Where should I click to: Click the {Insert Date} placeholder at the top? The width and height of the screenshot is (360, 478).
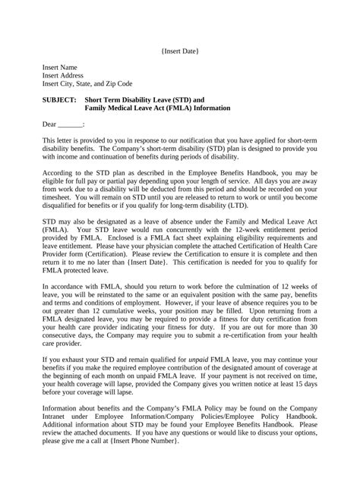(180, 51)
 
